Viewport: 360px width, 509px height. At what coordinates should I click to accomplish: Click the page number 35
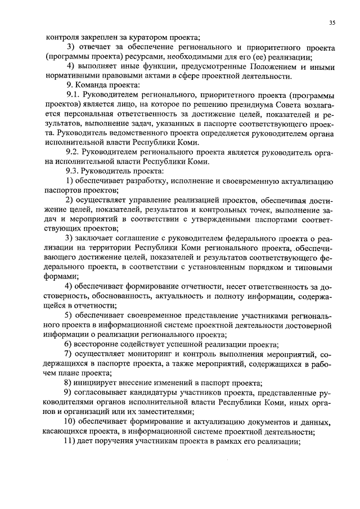(332, 22)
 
